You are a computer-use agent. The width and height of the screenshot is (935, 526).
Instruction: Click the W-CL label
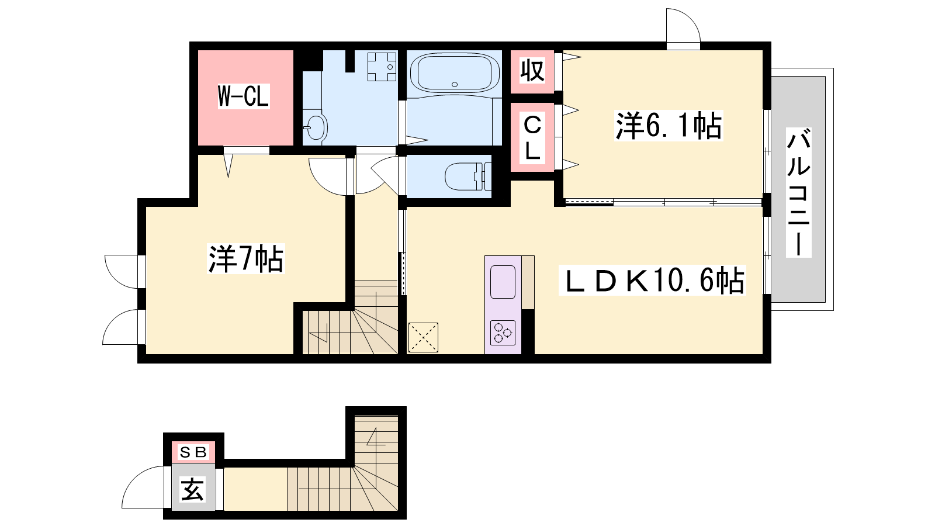pos(244,96)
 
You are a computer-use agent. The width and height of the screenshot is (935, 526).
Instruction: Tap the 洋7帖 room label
pos(246,259)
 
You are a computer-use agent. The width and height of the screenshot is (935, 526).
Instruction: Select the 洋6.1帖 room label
pos(669,126)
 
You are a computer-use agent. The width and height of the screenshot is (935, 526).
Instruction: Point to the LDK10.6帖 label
pos(652,280)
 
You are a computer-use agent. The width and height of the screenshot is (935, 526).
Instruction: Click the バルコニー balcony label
pos(798,192)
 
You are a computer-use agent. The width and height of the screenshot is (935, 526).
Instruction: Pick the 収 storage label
pos(532,71)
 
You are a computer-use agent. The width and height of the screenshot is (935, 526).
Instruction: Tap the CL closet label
pos(532,138)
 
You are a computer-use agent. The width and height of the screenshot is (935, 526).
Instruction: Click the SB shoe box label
pos(193,452)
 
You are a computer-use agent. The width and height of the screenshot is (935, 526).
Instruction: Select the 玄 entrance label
pos(193,489)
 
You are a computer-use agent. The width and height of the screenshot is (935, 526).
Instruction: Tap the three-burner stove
pos(503,333)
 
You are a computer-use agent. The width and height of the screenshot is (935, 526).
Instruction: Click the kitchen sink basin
pos(503,282)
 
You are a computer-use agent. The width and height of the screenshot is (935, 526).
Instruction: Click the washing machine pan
pos(382,67)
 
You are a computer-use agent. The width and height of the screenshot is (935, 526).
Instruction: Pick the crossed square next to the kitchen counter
pos(423,337)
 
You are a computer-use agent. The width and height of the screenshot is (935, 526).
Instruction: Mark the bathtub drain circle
pos(455,84)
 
